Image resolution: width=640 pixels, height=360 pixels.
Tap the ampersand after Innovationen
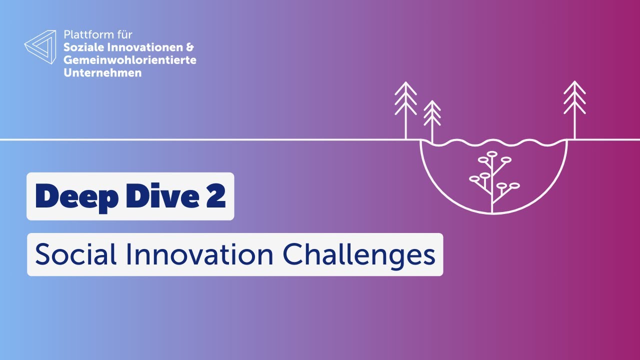pos(189,48)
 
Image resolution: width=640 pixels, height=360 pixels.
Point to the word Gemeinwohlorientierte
pos(130,60)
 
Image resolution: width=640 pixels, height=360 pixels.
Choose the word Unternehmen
pos(102,73)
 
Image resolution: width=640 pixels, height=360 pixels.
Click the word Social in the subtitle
pos(75,255)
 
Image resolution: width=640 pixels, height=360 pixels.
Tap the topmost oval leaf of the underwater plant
pos(492,153)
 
